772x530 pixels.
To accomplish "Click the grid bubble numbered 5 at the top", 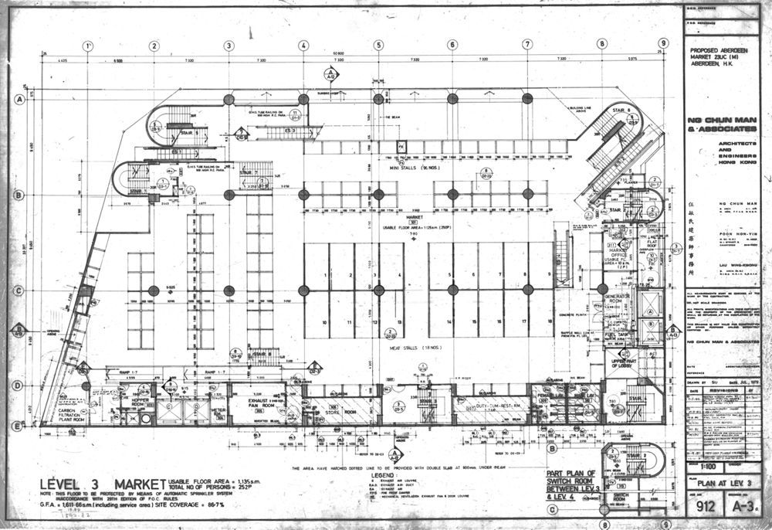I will (378, 45).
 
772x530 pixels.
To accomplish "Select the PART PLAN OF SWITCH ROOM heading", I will (571, 483).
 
